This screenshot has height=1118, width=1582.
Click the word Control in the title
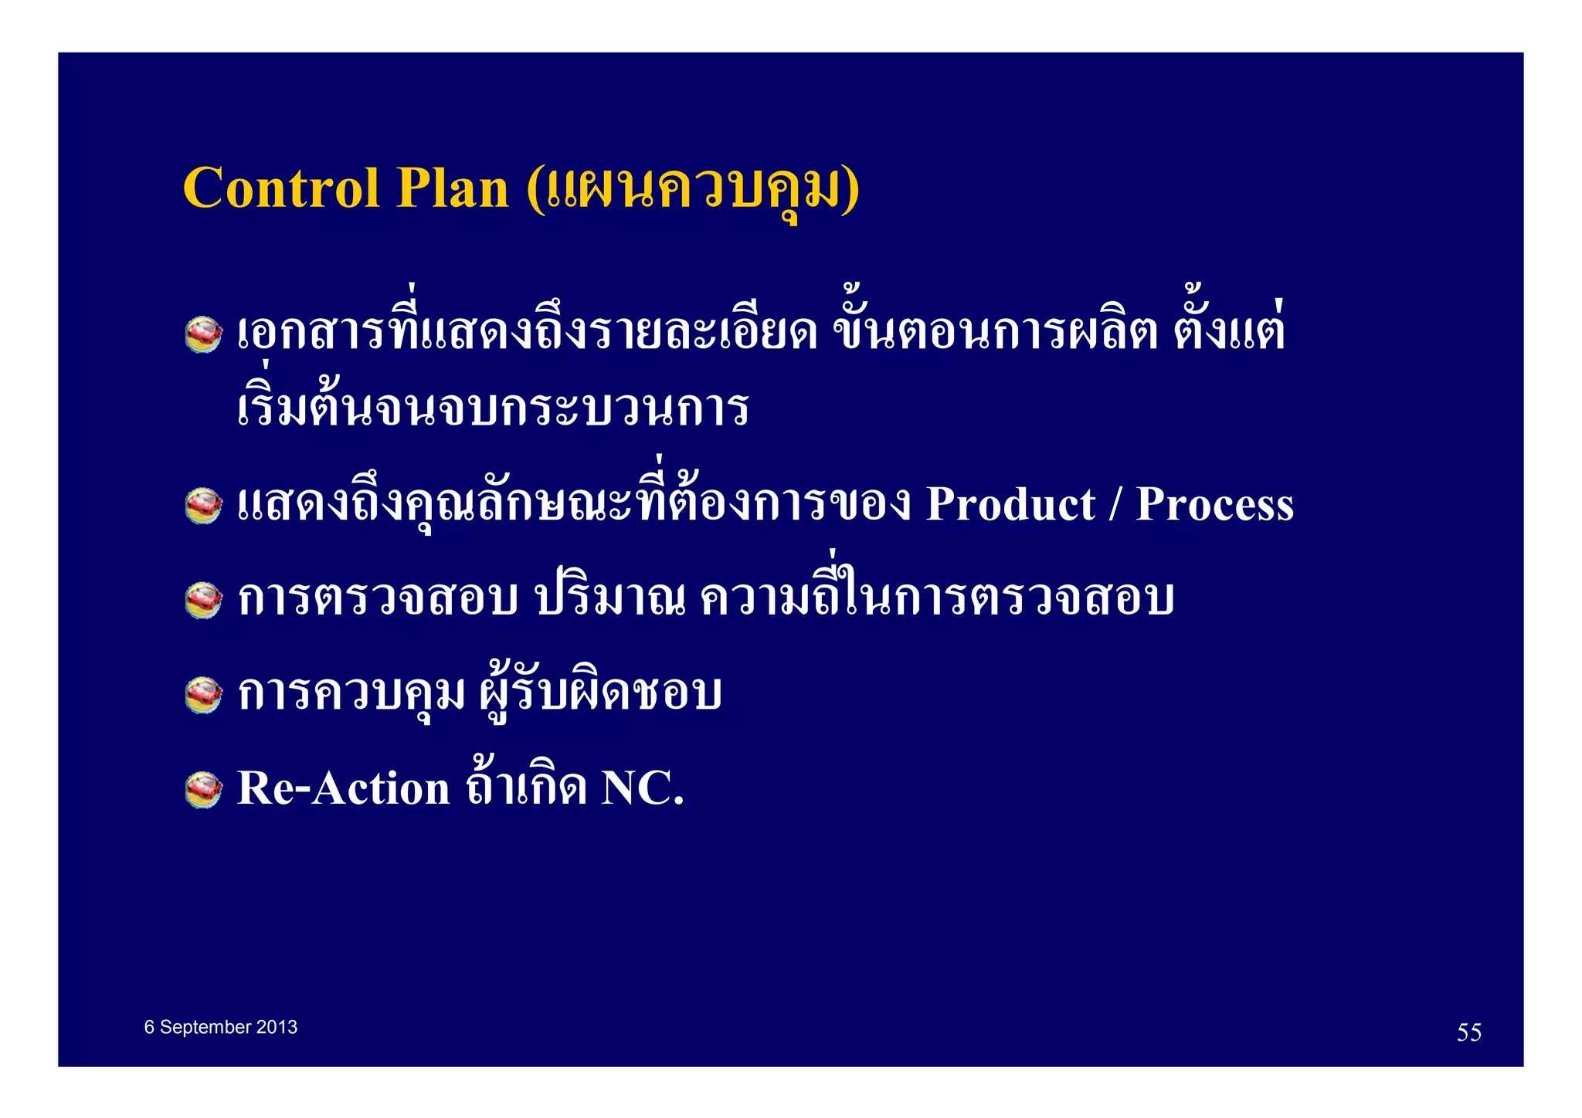(281, 188)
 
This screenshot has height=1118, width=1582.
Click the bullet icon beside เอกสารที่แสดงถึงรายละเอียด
(204, 334)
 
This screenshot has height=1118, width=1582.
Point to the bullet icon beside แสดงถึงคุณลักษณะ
(204, 506)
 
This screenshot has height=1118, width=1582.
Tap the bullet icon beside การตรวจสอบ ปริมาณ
(204, 600)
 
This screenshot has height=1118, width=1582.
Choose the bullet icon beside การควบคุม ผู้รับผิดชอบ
(204, 694)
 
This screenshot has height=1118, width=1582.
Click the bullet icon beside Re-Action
(204, 789)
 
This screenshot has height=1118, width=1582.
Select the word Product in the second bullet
(1010, 505)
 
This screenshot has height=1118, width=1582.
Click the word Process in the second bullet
(1214, 505)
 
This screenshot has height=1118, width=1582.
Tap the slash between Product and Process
(1115, 505)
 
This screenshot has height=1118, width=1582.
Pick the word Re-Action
(343, 788)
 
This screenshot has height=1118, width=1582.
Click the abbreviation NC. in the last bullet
(643, 788)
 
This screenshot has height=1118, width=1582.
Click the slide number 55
(1468, 1032)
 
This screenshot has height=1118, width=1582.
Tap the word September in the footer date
(205, 1027)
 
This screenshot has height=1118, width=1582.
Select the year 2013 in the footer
(277, 1027)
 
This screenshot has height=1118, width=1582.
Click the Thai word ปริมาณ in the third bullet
(611, 598)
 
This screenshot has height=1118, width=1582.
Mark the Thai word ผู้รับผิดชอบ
(600, 693)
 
